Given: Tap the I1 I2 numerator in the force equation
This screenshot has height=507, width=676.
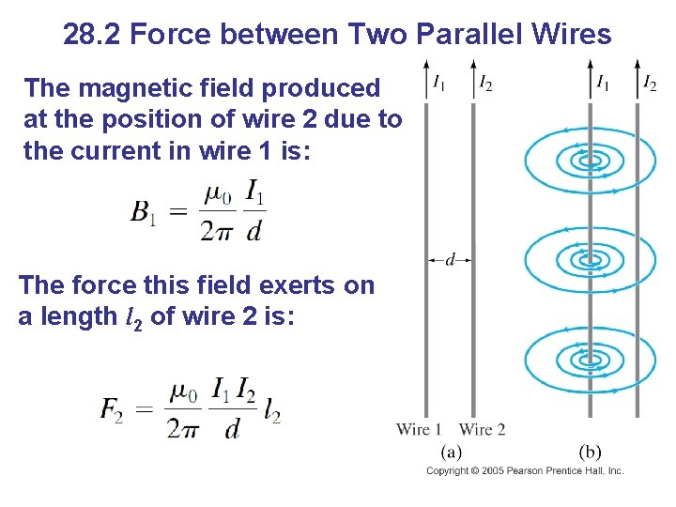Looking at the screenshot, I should click(234, 388).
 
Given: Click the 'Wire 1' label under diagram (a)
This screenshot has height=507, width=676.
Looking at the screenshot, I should click(419, 430).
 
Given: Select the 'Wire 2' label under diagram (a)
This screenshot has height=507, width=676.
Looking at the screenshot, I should click(483, 430).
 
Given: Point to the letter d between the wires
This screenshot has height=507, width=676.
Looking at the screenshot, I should click(451, 258).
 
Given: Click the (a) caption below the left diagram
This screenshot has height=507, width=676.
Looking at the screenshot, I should click(451, 452).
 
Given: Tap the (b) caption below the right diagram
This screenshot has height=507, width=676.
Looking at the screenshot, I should click(591, 452).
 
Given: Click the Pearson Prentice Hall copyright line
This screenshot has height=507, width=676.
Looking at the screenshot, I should click(525, 470).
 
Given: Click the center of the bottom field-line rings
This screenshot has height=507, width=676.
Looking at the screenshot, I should click(590, 358).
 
